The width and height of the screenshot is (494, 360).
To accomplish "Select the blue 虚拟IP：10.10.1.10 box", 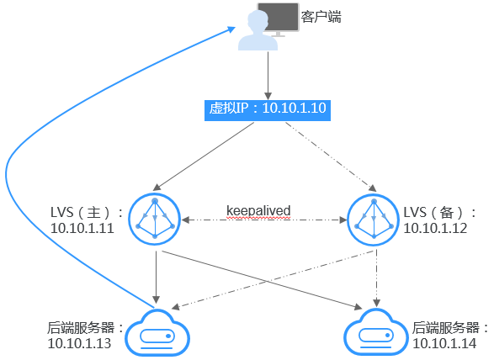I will [267, 109].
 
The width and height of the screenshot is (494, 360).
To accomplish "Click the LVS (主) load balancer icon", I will [156, 219].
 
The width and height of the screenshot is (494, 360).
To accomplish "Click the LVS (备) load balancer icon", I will [372, 219].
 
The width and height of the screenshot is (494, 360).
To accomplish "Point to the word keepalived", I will [259, 209].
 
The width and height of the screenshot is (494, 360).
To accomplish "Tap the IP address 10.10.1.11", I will [82, 228].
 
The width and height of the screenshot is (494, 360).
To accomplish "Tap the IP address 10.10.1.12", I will [434, 228].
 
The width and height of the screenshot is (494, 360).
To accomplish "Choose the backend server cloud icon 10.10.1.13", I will [156, 333].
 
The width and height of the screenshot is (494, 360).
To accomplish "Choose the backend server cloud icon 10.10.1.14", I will [374, 333].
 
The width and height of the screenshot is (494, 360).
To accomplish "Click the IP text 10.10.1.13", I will [78, 342].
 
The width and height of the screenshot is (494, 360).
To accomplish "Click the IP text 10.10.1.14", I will [444, 342].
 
